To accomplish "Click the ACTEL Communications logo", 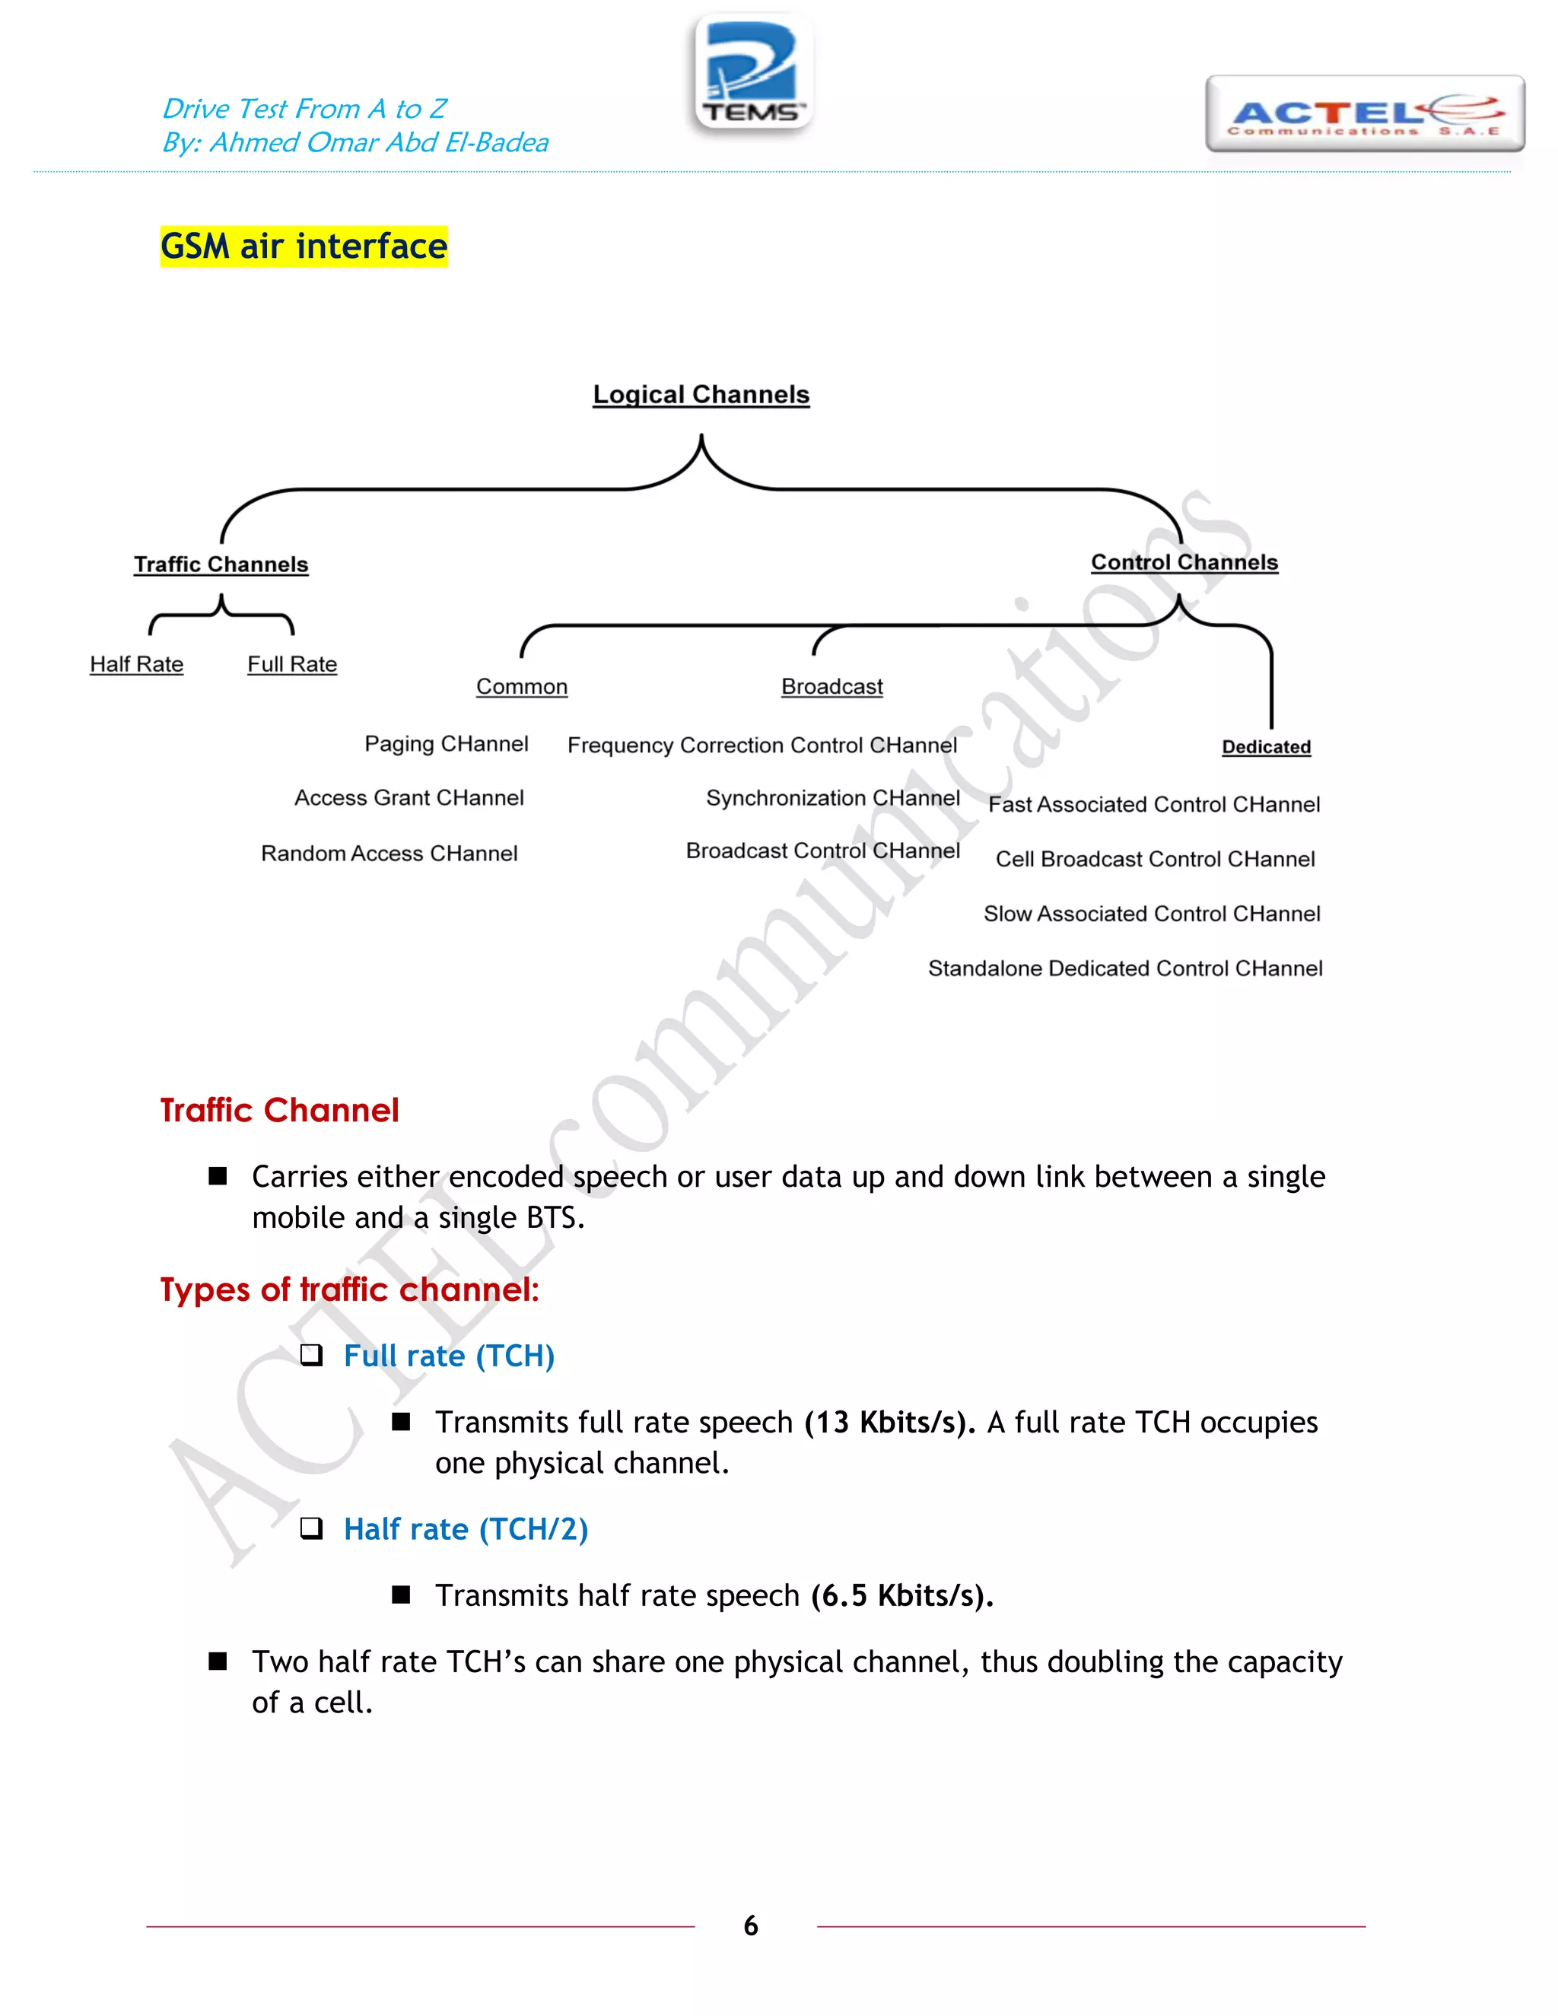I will [x=1364, y=114].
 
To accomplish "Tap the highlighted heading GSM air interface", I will [x=304, y=246].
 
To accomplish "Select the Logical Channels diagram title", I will [x=701, y=395].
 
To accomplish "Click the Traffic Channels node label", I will [x=221, y=565].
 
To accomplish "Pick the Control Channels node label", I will [x=1184, y=563].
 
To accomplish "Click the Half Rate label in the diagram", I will [x=137, y=665].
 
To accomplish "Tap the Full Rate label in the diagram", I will [x=291, y=665].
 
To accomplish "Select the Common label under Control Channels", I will [x=521, y=687].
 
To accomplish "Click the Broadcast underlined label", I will [x=831, y=687].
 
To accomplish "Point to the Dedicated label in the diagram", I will [x=1265, y=747].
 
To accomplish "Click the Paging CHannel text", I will [x=446, y=744].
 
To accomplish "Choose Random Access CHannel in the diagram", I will [x=389, y=854].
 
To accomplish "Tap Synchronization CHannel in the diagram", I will [x=832, y=799].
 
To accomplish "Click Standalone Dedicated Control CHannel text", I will [x=1125, y=968].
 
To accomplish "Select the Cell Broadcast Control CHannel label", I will [x=1155, y=860].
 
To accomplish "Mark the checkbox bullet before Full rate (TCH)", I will [x=312, y=1355].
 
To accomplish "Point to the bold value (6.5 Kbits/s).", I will [x=901, y=1596].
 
